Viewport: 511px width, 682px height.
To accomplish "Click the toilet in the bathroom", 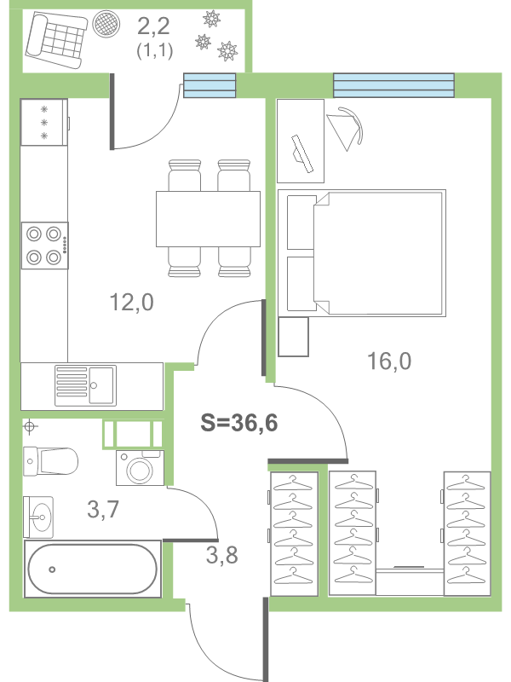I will click(x=51, y=461).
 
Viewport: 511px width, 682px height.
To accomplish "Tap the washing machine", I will click(x=138, y=467).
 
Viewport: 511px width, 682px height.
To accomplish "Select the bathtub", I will click(x=92, y=569).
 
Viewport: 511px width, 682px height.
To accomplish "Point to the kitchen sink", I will click(x=85, y=384).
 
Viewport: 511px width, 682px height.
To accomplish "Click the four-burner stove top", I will click(x=45, y=244).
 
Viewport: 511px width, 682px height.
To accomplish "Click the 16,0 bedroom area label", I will click(x=389, y=361).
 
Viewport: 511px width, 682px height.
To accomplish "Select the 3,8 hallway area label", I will click(x=221, y=555).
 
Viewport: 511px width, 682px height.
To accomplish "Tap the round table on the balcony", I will click(x=107, y=24).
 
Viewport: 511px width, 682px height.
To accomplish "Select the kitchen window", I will click(x=210, y=86).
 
